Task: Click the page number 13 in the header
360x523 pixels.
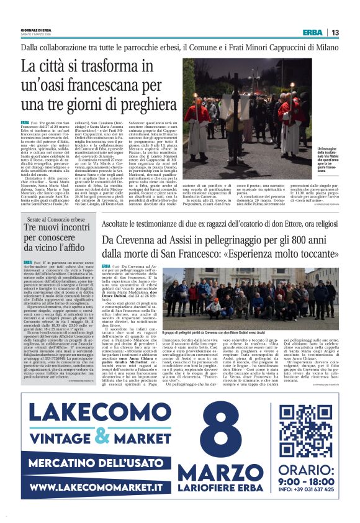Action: [335, 32]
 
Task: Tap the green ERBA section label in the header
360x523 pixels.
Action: [312, 32]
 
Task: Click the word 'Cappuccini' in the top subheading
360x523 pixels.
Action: [254, 47]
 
